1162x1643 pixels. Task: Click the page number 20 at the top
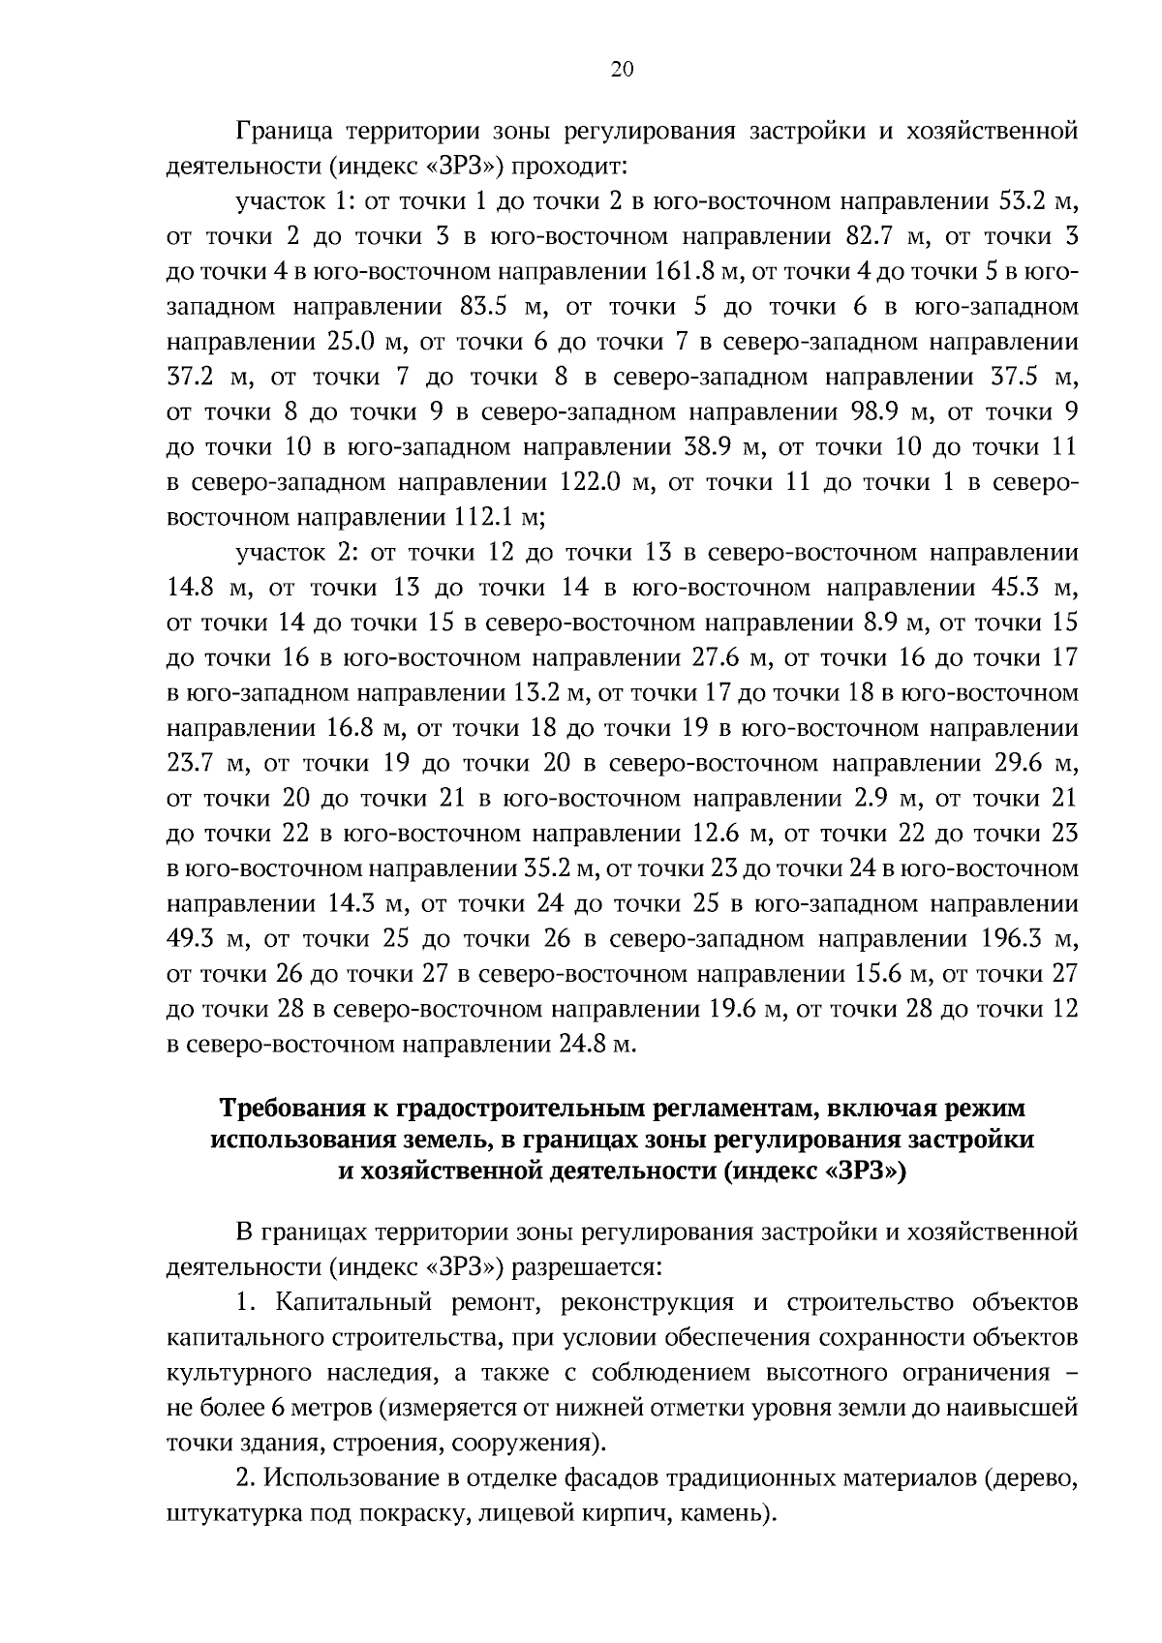point(622,68)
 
